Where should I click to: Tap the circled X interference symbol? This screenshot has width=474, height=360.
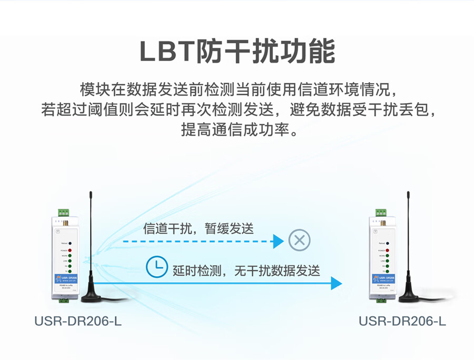pyautogui.click(x=299, y=241)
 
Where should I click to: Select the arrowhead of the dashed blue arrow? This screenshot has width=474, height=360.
pyautogui.click(x=278, y=242)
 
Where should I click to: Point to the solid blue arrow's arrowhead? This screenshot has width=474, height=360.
pyautogui.click(x=335, y=283)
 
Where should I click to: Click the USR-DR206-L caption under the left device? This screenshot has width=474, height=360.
pyautogui.click(x=78, y=321)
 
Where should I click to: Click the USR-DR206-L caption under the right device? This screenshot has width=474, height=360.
pyautogui.click(x=402, y=321)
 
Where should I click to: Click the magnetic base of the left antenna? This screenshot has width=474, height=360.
pyautogui.click(x=91, y=296)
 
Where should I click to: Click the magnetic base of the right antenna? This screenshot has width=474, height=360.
pyautogui.click(x=408, y=296)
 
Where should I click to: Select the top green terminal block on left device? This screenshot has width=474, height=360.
pyautogui.click(x=64, y=213)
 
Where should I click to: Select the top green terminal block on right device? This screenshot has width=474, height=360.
pyautogui.click(x=381, y=213)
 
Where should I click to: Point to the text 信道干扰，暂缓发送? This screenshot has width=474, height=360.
pyautogui.click(x=198, y=228)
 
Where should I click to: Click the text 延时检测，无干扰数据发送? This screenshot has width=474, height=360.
pyautogui.click(x=246, y=271)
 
